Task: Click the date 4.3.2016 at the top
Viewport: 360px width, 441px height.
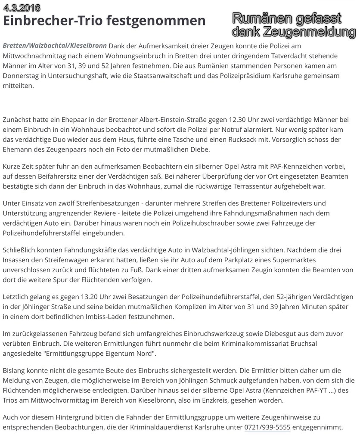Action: tap(22, 7)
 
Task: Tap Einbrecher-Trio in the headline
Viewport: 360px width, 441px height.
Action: tap(52, 21)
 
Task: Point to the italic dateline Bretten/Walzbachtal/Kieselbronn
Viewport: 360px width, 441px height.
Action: tap(55, 46)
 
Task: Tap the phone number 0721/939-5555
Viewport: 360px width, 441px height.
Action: tap(267, 428)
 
